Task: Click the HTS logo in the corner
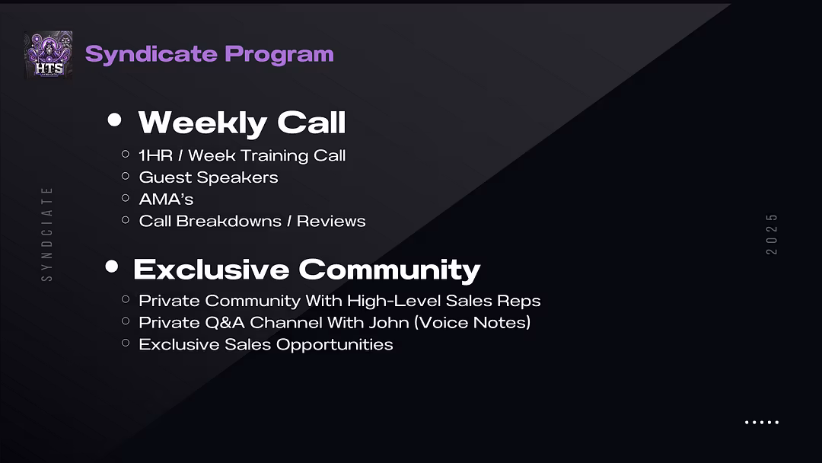coord(48,55)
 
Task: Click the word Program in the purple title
coord(279,55)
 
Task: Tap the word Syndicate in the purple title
coord(151,55)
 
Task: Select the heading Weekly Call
coord(242,123)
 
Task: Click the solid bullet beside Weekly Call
coord(114,120)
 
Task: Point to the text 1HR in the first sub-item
coord(156,156)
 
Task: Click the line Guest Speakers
coord(209,177)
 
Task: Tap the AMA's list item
coord(166,200)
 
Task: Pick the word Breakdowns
coord(228,222)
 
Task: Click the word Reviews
coord(331,222)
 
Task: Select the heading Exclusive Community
coord(307,270)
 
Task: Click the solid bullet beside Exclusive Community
coord(112,267)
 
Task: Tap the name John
coord(388,322)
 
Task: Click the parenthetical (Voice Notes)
coord(473,322)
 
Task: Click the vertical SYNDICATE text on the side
coord(47,234)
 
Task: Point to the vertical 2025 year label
coord(772,235)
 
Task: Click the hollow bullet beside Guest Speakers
coord(126,176)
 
